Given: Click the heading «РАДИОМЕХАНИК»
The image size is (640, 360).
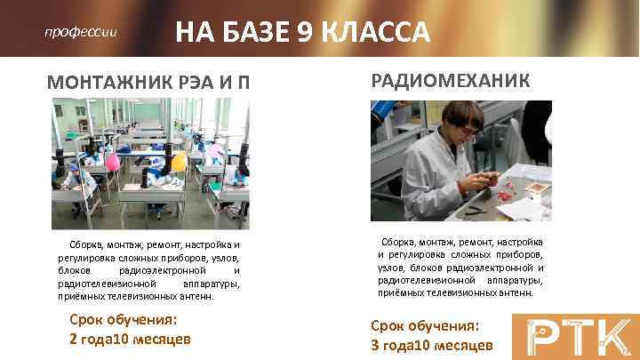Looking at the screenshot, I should (x=450, y=82).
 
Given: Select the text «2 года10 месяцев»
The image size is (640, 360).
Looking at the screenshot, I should (x=130, y=339).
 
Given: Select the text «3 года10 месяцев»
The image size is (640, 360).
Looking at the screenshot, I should (x=432, y=344).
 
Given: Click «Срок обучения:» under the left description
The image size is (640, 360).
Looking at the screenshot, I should (x=123, y=320).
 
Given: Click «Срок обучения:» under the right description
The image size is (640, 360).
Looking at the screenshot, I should (x=425, y=325).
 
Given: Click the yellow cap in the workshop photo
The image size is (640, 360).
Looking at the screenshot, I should (x=179, y=162).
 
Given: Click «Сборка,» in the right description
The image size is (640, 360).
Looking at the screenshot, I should (x=400, y=242).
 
